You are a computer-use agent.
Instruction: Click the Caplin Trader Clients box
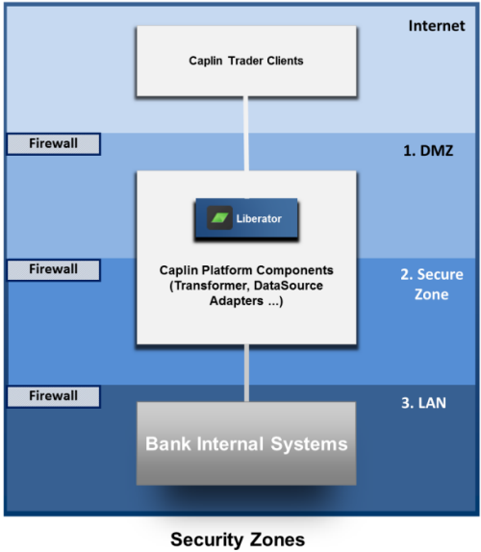(x=246, y=61)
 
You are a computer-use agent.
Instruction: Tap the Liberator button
(x=246, y=218)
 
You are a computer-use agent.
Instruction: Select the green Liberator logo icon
(x=219, y=218)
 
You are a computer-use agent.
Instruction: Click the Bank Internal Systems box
(x=246, y=443)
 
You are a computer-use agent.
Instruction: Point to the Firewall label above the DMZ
(x=54, y=143)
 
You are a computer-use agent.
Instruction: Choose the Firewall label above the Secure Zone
(x=54, y=269)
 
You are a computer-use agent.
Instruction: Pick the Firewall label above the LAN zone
(x=54, y=396)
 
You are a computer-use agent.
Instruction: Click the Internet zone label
(x=437, y=26)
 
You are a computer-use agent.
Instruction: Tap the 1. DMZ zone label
(x=428, y=151)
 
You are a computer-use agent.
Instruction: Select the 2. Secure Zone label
(x=432, y=284)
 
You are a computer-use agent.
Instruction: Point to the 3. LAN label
(x=423, y=403)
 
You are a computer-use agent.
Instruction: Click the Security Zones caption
(x=238, y=539)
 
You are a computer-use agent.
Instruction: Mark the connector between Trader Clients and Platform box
(x=246, y=134)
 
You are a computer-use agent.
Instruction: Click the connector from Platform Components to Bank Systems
(x=246, y=373)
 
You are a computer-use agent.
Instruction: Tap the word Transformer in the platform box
(x=212, y=286)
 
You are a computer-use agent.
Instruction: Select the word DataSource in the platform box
(x=289, y=286)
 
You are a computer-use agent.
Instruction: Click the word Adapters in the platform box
(x=237, y=301)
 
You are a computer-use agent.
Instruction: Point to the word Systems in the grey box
(x=309, y=444)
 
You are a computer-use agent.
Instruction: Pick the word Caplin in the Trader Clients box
(x=206, y=61)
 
